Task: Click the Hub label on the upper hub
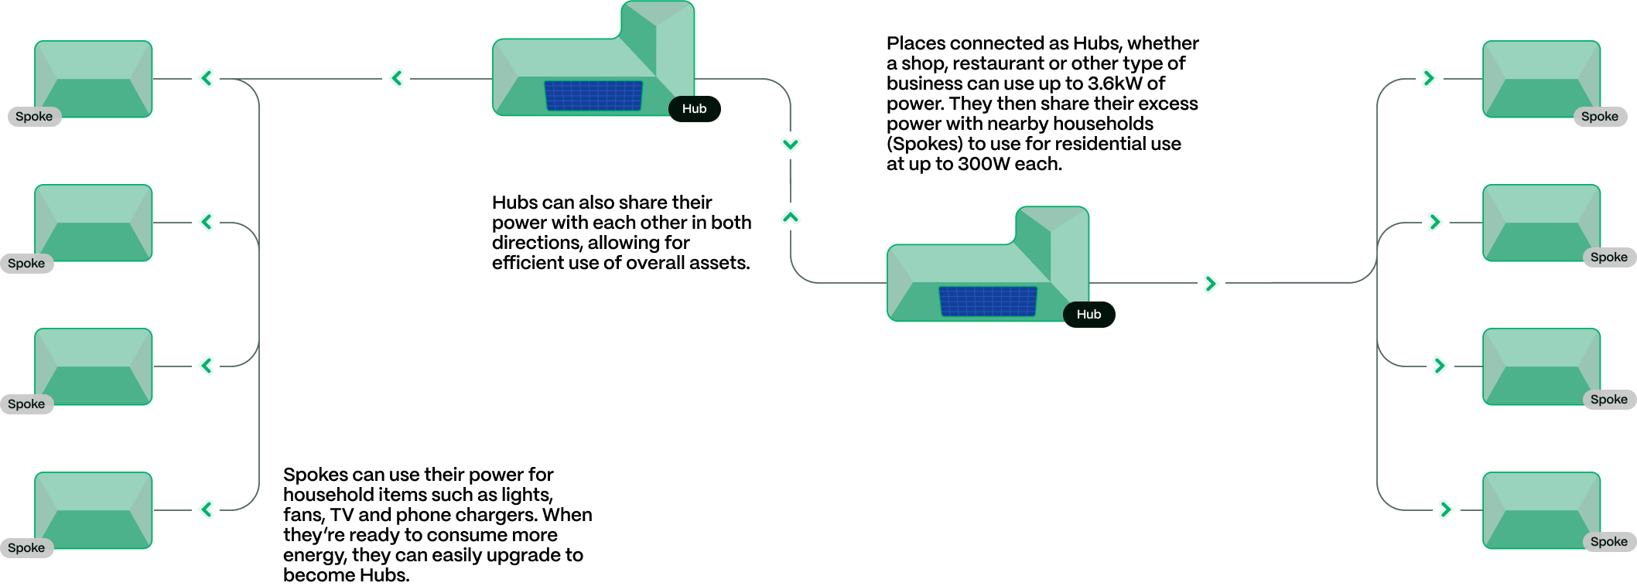[x=694, y=109]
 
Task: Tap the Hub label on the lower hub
[x=1088, y=315]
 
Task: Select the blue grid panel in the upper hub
[x=593, y=96]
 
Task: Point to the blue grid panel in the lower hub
[x=988, y=302]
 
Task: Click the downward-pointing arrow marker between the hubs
[x=790, y=145]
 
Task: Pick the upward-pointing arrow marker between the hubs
[x=790, y=217]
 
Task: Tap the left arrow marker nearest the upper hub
[x=396, y=78]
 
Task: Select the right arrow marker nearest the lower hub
[x=1211, y=284]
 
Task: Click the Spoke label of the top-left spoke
[x=34, y=117]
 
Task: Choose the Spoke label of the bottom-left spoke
[x=26, y=548]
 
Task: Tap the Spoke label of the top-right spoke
[x=1600, y=117]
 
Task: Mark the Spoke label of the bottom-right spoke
[x=1609, y=542]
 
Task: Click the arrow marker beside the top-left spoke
[x=206, y=78]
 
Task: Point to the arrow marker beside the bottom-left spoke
[x=206, y=509]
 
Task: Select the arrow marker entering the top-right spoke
[x=1429, y=78]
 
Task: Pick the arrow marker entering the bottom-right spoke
[x=1446, y=509]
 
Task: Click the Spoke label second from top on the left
[x=26, y=264]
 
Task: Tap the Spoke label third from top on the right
[x=1609, y=400]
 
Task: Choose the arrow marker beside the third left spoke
[x=206, y=366]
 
